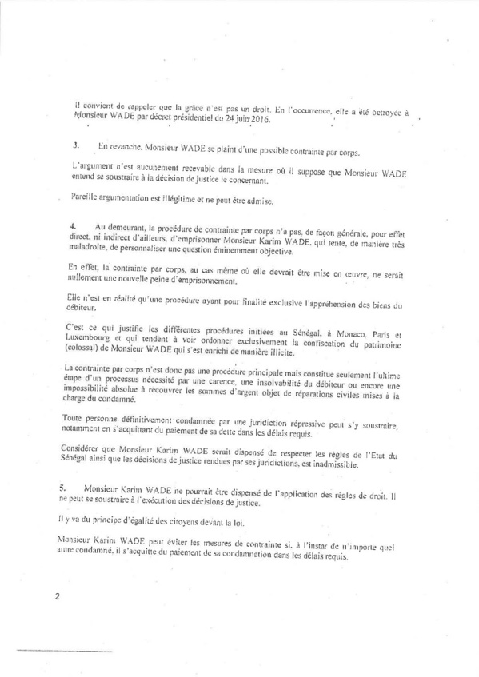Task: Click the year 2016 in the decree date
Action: pos(260,121)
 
